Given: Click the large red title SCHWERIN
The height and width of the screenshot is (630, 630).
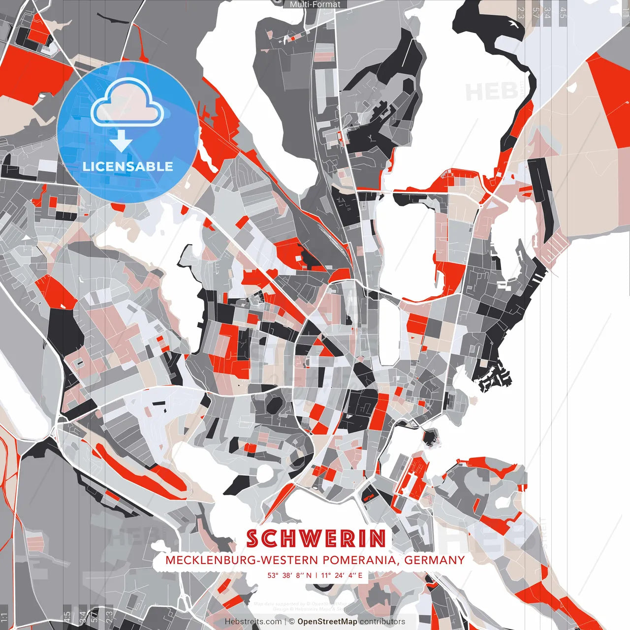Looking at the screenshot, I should pyautogui.click(x=316, y=539).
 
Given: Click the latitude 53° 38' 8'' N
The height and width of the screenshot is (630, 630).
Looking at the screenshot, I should pyautogui.click(x=289, y=575).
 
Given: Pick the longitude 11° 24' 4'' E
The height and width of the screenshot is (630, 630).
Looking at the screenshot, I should pyautogui.click(x=343, y=575).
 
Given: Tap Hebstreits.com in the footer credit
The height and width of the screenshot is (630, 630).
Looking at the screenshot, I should pyautogui.click(x=253, y=622).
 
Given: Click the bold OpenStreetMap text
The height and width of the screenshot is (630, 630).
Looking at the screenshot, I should pyautogui.click(x=327, y=622).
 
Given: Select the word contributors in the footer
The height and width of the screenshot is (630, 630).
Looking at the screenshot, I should pyautogui.click(x=382, y=622).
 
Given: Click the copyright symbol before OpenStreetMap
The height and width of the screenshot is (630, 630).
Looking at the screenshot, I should pyautogui.click(x=292, y=622).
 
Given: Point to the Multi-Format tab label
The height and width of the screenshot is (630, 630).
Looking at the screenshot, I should pyautogui.click(x=315, y=4).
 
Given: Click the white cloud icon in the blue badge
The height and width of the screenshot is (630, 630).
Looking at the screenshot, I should pyautogui.click(x=127, y=104).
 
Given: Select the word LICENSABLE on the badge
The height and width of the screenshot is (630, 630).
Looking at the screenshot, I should pyautogui.click(x=128, y=166).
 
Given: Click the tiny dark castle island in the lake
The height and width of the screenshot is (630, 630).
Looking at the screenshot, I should pyautogui.click(x=431, y=436).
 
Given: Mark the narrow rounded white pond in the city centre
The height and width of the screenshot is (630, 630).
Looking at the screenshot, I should pyautogui.click(x=389, y=332).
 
